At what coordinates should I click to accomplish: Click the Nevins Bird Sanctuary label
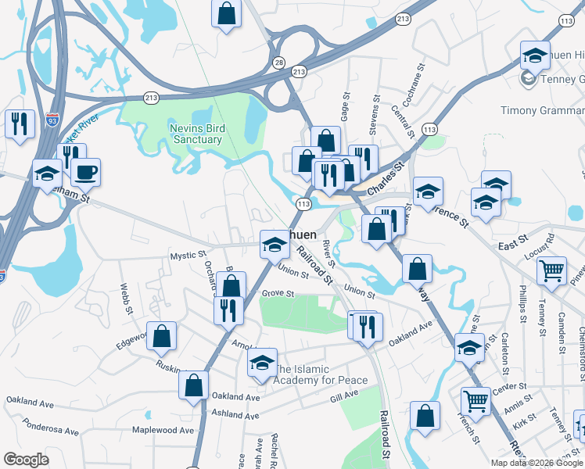coord(196,134)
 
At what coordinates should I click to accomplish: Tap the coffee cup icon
coord(85,172)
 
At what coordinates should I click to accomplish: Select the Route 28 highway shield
coord(278,62)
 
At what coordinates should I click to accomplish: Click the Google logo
coord(26,459)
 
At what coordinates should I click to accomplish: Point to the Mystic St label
coord(188,255)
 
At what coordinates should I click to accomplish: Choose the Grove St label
coord(278,294)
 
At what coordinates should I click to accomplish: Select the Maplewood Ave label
coord(163,430)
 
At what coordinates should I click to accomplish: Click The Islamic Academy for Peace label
coord(320,374)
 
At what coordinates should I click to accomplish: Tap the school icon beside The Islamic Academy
coord(262,361)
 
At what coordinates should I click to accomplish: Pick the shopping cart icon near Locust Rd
coord(552,270)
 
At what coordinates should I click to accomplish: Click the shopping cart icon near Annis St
coord(476,401)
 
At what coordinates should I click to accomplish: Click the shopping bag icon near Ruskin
coord(192,385)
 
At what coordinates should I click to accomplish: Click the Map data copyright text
coord(537,462)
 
